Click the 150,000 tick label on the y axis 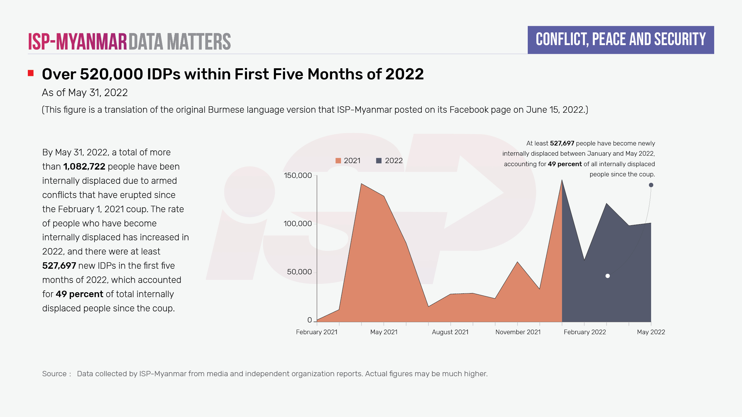click(x=297, y=175)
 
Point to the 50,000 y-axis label click(x=299, y=272)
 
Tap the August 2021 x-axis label click(x=450, y=332)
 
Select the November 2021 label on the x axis click(x=518, y=332)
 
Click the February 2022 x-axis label click(x=585, y=332)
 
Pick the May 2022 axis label click(x=651, y=332)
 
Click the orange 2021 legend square click(x=338, y=161)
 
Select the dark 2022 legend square click(x=379, y=161)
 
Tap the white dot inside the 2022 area click(x=608, y=276)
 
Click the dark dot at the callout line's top click(x=651, y=185)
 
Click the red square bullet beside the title click(x=31, y=73)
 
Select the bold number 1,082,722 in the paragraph click(x=84, y=166)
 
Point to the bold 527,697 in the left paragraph click(x=59, y=266)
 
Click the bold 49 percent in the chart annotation click(x=565, y=164)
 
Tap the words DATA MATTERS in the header click(x=180, y=42)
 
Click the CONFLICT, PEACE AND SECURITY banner click(x=620, y=40)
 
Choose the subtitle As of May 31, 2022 click(x=85, y=93)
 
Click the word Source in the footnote click(x=54, y=374)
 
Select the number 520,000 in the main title click(x=111, y=74)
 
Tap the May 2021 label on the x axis click(x=384, y=332)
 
